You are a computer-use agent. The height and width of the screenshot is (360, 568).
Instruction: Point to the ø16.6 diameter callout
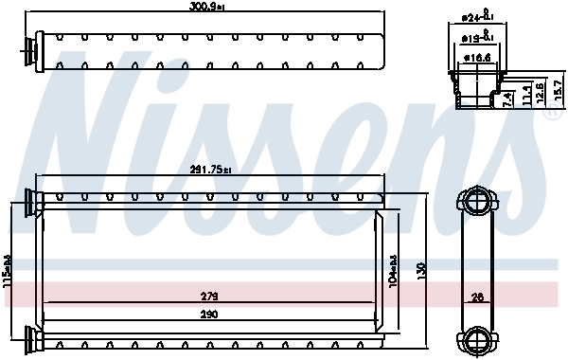point(479,57)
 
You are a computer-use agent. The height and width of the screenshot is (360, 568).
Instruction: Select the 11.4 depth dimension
point(525,92)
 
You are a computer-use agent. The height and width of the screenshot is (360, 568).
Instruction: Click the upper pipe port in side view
point(479,202)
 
